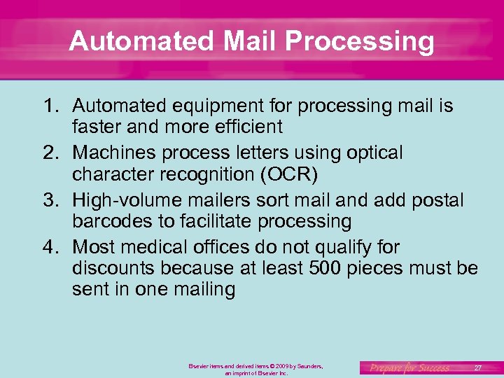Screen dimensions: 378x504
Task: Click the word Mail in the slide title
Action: [x=251, y=41]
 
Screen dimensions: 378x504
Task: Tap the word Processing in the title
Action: [x=360, y=42]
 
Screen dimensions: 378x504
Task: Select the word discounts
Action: [x=113, y=268]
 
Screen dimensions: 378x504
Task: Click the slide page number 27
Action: [x=478, y=367]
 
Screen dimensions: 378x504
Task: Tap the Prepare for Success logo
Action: [x=410, y=367]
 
